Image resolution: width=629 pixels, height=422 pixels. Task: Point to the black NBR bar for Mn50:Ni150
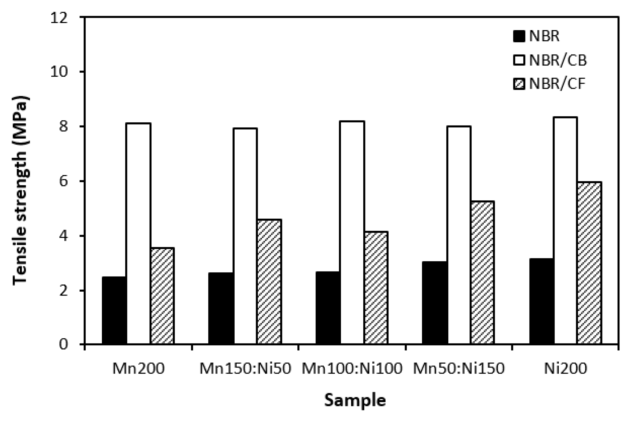[x=435, y=303]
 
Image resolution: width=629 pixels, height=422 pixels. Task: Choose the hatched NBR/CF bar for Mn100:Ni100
[x=376, y=288]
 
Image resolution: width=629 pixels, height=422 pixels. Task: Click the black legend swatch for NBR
[x=519, y=36]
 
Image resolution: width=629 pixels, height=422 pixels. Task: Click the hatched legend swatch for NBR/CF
[x=519, y=84]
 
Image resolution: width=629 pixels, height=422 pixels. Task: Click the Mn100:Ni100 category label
[x=352, y=369]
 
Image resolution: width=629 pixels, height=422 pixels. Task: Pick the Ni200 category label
[x=565, y=369]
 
